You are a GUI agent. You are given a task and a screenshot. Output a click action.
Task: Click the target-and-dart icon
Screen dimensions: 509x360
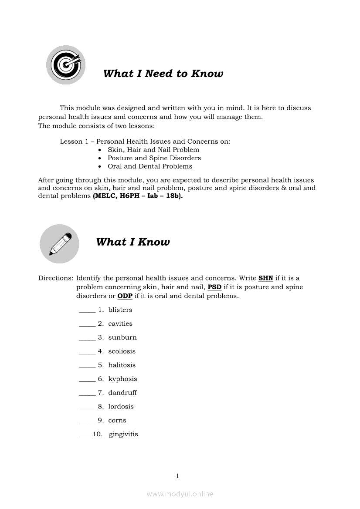pos(66,65)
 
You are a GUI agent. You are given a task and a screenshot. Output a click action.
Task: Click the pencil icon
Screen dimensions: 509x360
pos(60,244)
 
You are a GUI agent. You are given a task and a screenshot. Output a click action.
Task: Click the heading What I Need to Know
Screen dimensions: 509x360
pos(163,74)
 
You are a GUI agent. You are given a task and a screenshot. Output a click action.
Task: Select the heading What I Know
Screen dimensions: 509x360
pos(132,242)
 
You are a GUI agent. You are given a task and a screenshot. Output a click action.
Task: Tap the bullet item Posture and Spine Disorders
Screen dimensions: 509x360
pos(154,158)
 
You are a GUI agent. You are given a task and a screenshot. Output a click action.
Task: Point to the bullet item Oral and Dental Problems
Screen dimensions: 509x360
pos(150,166)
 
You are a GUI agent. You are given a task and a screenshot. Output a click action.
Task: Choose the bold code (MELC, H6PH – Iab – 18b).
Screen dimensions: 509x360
pos(138,196)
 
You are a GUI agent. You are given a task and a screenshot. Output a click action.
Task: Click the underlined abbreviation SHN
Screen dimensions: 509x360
pos(265,278)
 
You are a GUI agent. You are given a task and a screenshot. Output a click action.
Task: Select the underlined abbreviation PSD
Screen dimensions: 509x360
pos(214,287)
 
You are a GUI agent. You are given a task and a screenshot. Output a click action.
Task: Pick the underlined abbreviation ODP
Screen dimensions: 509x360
pos(125,297)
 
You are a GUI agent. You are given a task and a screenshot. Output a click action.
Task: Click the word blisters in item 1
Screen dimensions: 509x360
pos(120,310)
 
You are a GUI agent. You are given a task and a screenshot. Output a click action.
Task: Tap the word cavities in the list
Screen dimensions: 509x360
pos(120,324)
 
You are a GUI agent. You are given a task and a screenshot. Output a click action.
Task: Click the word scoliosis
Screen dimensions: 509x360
pos(122,351)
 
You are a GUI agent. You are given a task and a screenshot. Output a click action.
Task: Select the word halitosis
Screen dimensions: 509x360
pos(122,365)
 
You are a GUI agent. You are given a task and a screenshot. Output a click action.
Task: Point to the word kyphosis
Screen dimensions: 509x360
pos(122,379)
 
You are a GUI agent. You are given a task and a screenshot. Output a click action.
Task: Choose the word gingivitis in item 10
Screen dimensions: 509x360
pos(123,435)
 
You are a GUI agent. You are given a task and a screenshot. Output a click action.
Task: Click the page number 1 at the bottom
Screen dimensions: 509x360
pos(177,476)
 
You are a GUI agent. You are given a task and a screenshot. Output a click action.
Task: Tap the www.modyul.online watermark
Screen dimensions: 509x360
pos(180,494)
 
